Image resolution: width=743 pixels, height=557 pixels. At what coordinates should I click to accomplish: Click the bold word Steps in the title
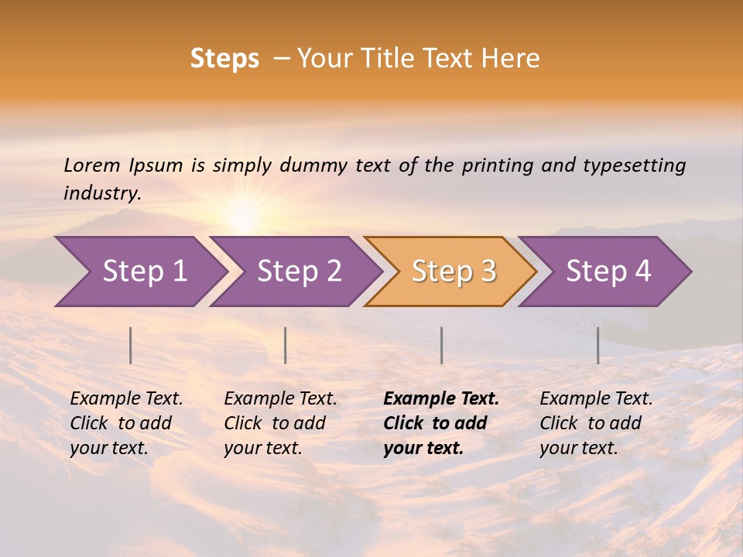(224, 59)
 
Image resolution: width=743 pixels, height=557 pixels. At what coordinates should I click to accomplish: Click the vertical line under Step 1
(131, 345)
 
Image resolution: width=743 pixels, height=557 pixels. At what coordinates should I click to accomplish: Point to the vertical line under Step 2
(286, 345)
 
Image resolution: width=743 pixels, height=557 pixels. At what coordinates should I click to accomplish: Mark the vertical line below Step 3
(442, 345)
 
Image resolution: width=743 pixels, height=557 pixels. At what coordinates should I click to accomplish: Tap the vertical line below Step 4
(598, 345)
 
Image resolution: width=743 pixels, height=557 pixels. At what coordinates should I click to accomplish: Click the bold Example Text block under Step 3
(441, 423)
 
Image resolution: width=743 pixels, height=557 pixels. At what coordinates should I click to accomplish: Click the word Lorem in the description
(91, 165)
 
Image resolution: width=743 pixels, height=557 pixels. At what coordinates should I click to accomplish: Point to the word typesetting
(634, 166)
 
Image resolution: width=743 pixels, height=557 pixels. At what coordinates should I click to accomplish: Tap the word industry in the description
(101, 193)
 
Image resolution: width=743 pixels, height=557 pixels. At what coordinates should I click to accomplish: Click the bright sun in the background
(244, 213)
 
